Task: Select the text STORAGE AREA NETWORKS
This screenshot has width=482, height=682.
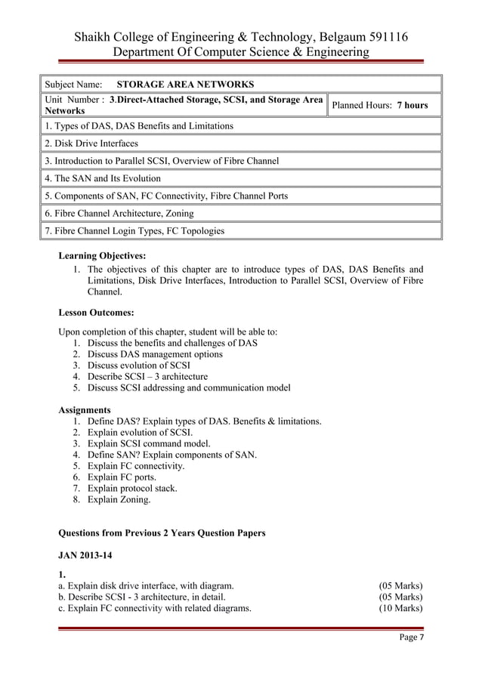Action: tap(185, 84)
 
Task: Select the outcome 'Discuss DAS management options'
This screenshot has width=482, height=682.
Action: tap(155, 354)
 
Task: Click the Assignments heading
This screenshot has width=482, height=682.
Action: tap(85, 410)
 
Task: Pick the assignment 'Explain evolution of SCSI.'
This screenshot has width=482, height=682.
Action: tap(140, 433)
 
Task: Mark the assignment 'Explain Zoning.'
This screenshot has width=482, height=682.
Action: tap(119, 499)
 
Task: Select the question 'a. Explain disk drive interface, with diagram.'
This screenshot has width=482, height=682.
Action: tap(146, 585)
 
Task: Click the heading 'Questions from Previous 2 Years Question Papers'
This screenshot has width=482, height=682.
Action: tap(162, 533)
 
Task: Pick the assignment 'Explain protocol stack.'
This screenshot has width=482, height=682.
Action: tap(133, 488)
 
